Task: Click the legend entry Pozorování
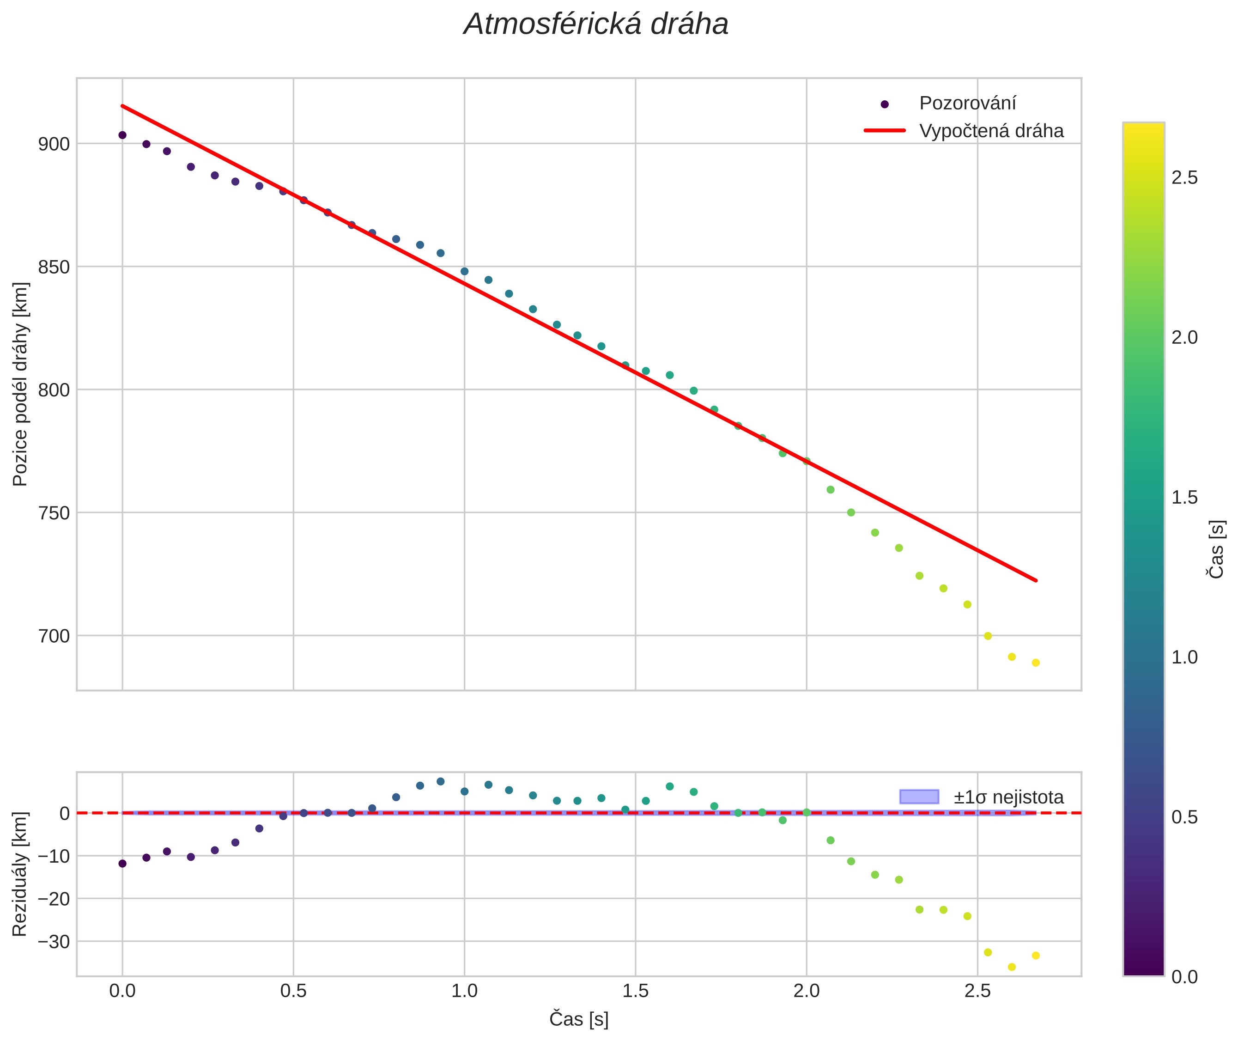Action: click(967, 103)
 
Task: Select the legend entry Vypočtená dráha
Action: click(991, 131)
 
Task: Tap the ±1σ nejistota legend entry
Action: click(1008, 797)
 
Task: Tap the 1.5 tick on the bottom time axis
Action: click(636, 991)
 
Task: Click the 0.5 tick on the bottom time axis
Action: click(293, 991)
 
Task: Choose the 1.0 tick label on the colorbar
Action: click(1184, 657)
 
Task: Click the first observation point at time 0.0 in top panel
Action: click(122, 135)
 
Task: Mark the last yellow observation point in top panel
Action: click(1035, 663)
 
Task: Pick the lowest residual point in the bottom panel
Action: click(1011, 967)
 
